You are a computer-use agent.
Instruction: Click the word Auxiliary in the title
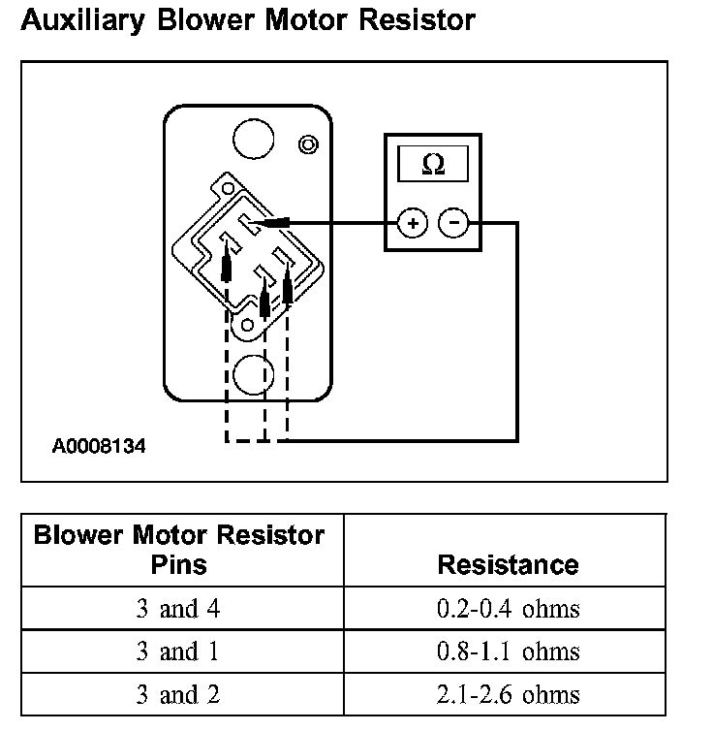click(75, 20)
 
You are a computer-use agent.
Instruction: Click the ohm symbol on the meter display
click(433, 165)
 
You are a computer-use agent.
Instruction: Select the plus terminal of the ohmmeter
click(414, 224)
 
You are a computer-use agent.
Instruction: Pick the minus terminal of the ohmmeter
click(453, 224)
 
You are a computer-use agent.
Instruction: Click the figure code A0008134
click(100, 447)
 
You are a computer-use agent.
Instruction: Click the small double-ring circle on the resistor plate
click(308, 145)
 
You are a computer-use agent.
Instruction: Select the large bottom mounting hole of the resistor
click(253, 374)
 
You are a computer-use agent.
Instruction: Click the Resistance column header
click(508, 564)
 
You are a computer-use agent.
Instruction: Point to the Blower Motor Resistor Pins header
click(179, 550)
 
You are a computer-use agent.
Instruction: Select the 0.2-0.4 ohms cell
click(508, 609)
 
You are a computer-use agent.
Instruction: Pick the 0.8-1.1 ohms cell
click(508, 652)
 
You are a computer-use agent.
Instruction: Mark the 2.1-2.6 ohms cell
click(508, 694)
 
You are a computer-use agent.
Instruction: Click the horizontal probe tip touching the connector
click(273, 224)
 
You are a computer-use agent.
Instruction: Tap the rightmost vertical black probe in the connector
click(288, 288)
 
